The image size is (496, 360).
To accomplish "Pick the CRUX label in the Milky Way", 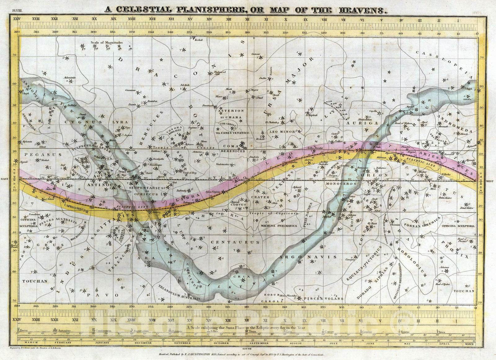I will [x=242, y=276].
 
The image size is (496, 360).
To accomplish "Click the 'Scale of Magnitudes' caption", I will [x=107, y=42].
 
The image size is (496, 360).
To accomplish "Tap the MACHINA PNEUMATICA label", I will [x=279, y=226].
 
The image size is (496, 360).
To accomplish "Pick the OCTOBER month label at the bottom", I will [x=222, y=343].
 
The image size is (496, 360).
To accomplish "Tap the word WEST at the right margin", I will [x=490, y=181].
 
